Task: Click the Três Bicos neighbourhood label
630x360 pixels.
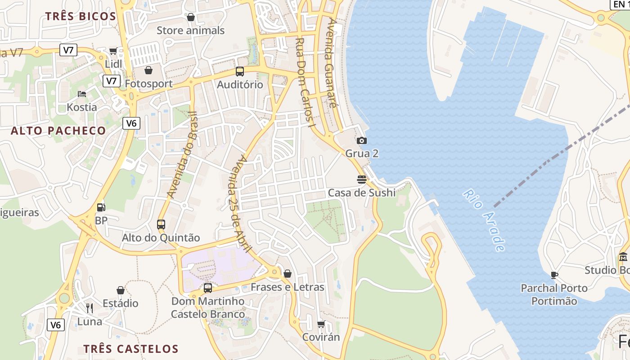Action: pos(81,17)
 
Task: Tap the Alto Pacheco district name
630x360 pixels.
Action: pos(58,131)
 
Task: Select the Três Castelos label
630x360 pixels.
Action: pos(131,349)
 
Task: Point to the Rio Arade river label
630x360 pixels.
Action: pos(484,220)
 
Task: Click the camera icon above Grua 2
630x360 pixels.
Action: pos(362,141)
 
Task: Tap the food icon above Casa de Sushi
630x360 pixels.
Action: pos(362,180)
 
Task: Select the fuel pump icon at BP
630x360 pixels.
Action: pos(101,207)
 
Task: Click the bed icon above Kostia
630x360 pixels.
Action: pos(82,94)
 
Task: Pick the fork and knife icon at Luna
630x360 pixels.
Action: pos(90,308)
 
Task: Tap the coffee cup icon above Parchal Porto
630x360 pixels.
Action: pos(554,275)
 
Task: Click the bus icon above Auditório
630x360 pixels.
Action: pos(240,72)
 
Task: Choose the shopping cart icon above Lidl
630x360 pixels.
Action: pos(113,51)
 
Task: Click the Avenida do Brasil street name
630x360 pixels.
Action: pos(182,154)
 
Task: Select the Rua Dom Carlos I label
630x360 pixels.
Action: pos(304,82)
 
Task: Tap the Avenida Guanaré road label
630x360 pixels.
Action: pos(332,63)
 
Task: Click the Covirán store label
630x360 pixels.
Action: pos(321,337)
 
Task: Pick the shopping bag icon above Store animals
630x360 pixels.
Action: pos(191,18)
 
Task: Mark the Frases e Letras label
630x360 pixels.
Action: pos(287,287)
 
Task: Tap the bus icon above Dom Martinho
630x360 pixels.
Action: pos(208,288)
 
